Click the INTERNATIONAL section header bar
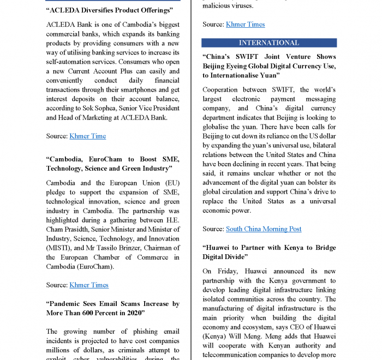click(x=269, y=43)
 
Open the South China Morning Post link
click(x=264, y=229)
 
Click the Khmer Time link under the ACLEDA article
click(x=87, y=136)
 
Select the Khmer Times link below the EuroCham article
click(x=88, y=285)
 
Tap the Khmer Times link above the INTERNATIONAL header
click(x=245, y=24)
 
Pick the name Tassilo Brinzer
click(x=111, y=248)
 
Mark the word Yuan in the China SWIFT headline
click(x=268, y=75)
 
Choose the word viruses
click(x=240, y=5)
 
